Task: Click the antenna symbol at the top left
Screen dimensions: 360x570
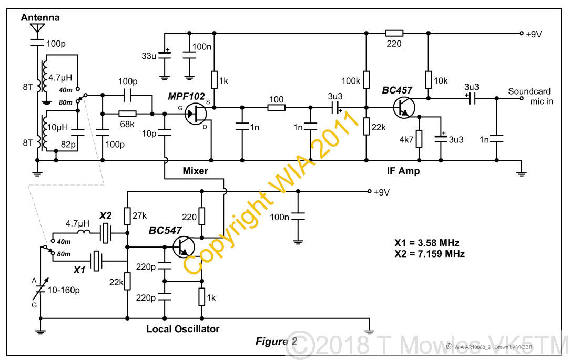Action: point(37,29)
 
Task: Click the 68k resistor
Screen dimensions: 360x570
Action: point(127,113)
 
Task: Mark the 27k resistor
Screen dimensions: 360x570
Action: point(127,215)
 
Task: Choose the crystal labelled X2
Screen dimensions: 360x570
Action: point(107,232)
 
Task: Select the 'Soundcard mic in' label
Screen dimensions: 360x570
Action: point(530,96)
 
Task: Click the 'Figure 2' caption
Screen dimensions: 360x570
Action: point(276,341)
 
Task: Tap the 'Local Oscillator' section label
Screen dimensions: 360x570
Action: point(182,329)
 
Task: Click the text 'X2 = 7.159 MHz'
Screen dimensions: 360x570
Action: point(429,253)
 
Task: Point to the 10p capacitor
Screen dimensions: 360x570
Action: point(164,133)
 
